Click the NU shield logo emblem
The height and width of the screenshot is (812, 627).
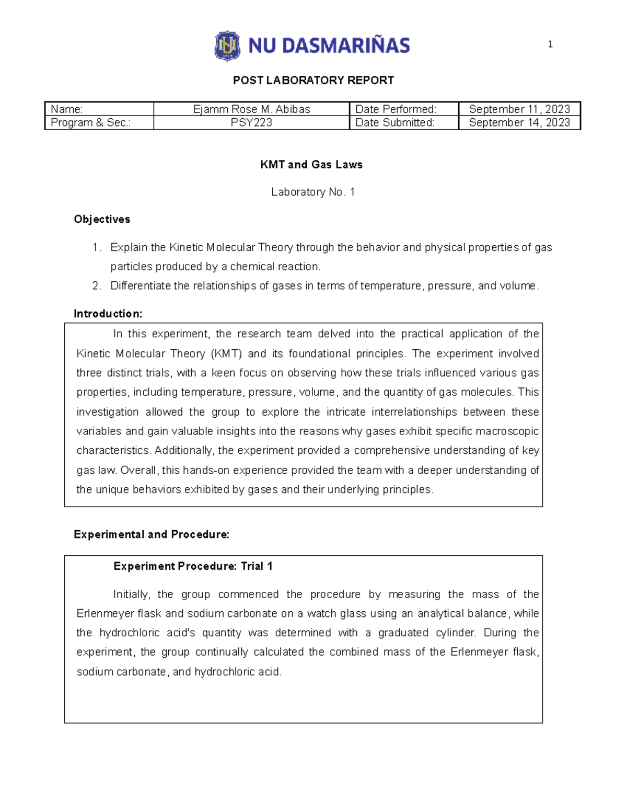[227, 46]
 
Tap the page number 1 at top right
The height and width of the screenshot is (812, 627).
[550, 44]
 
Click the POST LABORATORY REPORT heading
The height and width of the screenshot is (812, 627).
[313, 81]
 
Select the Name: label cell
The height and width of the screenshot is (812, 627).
[99, 109]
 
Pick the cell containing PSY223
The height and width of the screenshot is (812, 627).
[251, 123]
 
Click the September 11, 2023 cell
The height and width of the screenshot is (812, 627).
[519, 109]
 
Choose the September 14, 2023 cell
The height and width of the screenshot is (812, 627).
[519, 123]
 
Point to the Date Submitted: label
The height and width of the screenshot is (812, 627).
[395, 123]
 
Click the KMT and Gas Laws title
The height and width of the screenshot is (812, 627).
[311, 165]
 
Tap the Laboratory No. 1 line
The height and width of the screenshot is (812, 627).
[313, 192]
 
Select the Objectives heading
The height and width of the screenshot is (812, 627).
[102, 219]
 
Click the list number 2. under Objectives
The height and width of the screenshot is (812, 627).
[97, 286]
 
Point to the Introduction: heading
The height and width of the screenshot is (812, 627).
[108, 314]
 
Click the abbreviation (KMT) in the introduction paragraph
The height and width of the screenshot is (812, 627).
[226, 354]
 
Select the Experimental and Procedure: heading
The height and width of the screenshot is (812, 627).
[152, 534]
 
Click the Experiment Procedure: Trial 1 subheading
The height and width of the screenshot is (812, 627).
[193, 566]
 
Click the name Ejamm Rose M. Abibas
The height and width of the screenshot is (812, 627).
[251, 109]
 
